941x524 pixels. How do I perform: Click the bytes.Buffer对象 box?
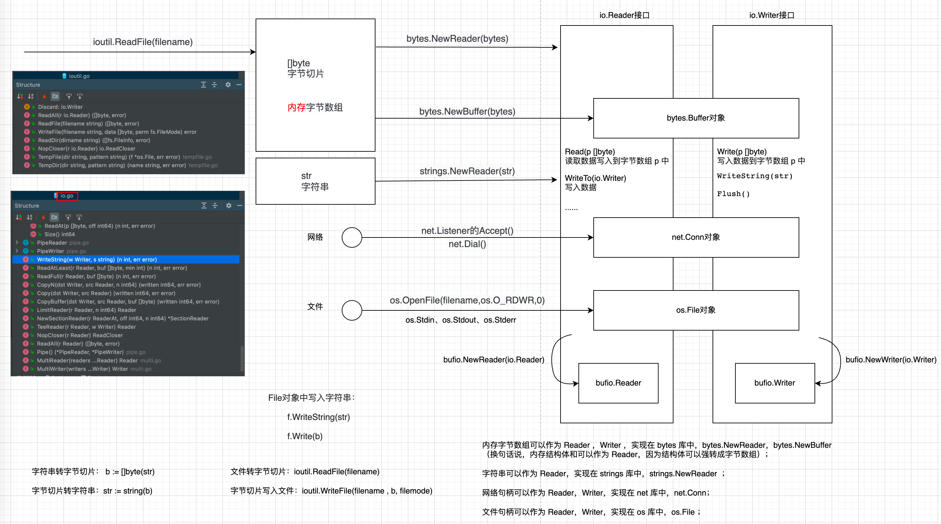(x=696, y=118)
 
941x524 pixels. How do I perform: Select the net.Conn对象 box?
(x=696, y=237)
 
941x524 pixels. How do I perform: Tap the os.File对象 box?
(x=696, y=310)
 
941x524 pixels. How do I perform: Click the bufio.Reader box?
(x=618, y=383)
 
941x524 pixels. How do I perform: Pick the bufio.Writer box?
(x=774, y=383)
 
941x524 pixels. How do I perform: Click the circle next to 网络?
(x=351, y=237)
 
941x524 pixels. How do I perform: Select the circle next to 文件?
(x=351, y=310)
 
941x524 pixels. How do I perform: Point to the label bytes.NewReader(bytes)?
(x=457, y=39)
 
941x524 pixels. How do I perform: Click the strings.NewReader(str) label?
(x=467, y=171)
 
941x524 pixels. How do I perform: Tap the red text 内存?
(x=296, y=107)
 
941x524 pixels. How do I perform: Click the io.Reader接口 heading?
(x=624, y=15)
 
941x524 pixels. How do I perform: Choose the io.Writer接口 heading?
(x=771, y=15)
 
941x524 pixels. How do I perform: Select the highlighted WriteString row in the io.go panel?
(x=97, y=259)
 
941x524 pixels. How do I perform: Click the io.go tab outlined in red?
(x=67, y=196)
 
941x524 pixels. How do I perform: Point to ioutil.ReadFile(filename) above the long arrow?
(x=142, y=42)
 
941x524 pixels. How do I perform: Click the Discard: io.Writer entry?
(x=60, y=107)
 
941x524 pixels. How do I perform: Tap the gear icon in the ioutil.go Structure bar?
(x=228, y=85)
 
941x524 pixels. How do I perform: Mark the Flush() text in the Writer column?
(x=733, y=194)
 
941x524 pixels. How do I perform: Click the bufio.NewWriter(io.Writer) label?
(x=891, y=360)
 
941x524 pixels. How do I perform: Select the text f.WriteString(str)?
(x=318, y=417)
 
